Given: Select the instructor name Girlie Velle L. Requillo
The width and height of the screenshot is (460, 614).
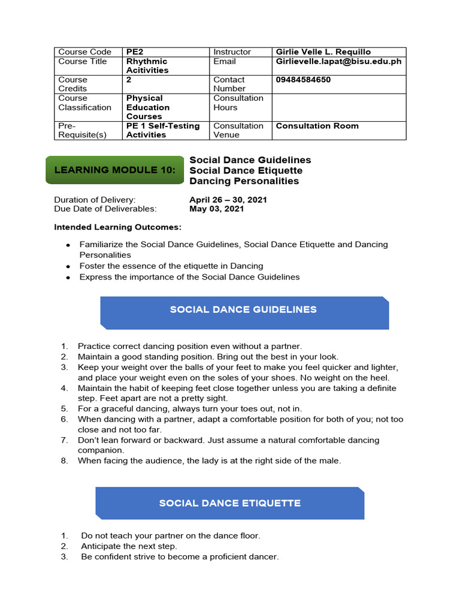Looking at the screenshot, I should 323,52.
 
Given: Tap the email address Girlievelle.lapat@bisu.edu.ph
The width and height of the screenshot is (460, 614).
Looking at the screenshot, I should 338,61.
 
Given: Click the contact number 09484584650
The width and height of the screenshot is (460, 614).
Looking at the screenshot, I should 303,80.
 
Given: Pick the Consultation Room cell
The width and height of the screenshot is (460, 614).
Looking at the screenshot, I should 317,126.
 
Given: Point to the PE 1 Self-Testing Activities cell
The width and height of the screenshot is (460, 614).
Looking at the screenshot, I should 163,130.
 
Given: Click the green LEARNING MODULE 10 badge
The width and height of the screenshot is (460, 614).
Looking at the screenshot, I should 115,170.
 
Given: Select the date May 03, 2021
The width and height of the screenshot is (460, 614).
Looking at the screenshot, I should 217,209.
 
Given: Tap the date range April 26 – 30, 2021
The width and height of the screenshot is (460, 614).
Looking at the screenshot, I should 228,200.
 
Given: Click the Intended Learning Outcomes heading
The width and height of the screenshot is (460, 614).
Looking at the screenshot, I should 117,227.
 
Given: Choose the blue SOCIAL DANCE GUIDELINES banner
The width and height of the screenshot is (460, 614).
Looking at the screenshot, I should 244,311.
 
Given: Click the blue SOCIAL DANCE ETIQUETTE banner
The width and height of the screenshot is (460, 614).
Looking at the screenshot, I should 230,503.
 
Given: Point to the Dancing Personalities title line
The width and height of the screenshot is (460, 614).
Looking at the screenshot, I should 244,181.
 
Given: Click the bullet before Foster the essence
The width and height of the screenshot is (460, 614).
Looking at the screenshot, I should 68,266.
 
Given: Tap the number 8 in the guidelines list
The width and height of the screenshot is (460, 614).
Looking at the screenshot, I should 64,461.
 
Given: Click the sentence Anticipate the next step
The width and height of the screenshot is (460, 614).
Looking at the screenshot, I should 129,546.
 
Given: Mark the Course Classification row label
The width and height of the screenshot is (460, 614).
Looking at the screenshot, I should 84,103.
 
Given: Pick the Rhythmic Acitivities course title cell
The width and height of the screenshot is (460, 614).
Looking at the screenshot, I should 147,66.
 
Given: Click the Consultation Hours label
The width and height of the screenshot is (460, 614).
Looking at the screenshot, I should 238,103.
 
